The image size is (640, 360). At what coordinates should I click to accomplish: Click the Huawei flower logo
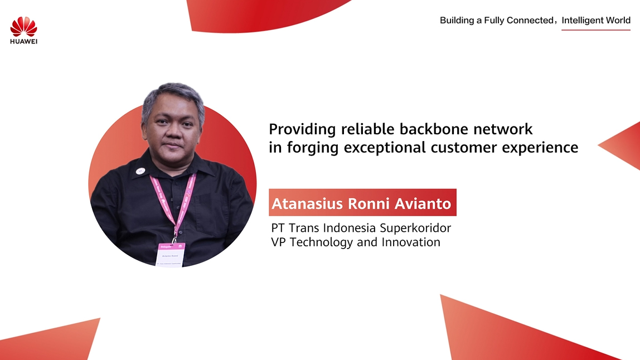[x=23, y=27]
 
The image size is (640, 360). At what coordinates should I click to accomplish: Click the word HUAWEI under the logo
[x=23, y=41]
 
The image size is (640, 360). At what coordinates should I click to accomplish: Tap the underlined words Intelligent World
[x=596, y=21]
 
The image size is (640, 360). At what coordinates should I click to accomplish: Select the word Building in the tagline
[x=457, y=21]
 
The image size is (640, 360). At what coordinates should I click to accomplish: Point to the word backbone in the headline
[x=434, y=129]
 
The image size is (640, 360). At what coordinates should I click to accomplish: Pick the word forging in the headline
[x=313, y=148]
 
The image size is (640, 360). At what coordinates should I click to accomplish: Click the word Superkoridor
[x=415, y=228]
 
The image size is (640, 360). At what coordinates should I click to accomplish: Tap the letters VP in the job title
[x=278, y=242]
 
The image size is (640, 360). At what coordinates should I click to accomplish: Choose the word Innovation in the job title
[x=411, y=242]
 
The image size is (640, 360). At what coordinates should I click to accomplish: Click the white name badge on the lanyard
[x=171, y=255]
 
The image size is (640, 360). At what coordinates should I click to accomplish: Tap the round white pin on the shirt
[x=140, y=171]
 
